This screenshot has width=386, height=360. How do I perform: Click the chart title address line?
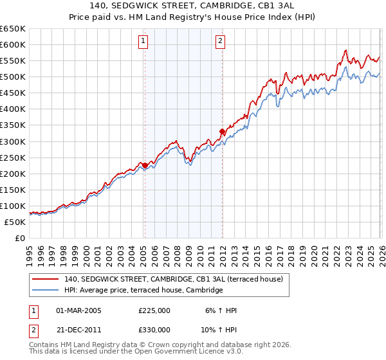(x=192, y=6)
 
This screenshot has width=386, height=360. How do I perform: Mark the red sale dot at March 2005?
(x=145, y=165)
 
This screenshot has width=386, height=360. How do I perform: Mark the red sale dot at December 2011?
(x=222, y=131)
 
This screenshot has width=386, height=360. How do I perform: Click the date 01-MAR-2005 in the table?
(x=79, y=310)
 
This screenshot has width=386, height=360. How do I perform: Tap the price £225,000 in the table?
(x=154, y=310)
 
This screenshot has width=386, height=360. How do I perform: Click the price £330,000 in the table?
(x=154, y=329)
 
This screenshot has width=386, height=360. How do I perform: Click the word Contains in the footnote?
(x=45, y=346)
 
